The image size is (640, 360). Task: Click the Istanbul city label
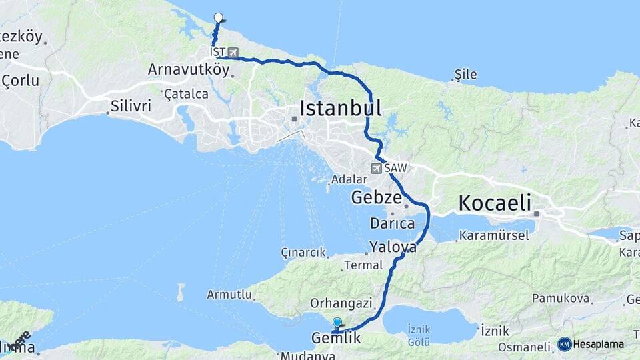[340, 108]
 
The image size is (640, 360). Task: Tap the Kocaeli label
[493, 202]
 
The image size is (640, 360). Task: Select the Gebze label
[376, 198]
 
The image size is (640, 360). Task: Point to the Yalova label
[393, 247]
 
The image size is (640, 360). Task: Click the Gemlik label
[336, 339]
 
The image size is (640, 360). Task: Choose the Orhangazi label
[341, 303]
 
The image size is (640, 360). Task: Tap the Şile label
[465, 74]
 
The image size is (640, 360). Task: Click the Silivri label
[131, 106]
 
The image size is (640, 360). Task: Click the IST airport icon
[232, 52]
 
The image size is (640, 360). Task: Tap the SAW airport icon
[377, 168]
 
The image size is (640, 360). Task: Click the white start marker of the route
[218, 18]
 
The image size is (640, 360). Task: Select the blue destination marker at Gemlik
[337, 323]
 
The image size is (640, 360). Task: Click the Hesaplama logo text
[597, 345]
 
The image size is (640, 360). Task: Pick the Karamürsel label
[494, 235]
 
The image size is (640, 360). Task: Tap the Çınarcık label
[303, 253]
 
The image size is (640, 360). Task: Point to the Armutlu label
[229, 294]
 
